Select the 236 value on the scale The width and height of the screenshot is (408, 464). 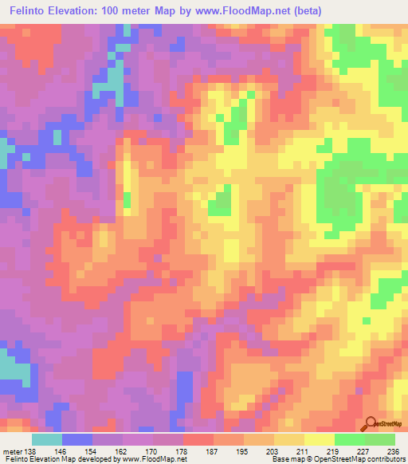(396, 451)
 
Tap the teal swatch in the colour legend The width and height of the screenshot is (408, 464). (47, 439)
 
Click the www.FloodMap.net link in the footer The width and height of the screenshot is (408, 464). (155, 460)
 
